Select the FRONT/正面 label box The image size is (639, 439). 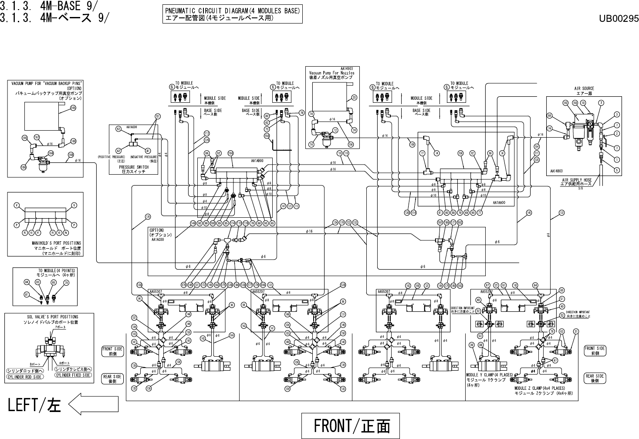(351, 425)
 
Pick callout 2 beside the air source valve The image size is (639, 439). (617, 133)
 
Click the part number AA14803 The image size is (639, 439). (557, 171)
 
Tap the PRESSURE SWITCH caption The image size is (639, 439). (134, 169)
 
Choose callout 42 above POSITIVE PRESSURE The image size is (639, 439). (118, 151)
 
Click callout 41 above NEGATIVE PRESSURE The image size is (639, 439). (148, 151)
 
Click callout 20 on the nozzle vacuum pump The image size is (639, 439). (354, 97)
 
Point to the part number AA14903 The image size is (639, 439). (347, 68)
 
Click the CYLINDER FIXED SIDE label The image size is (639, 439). (73, 375)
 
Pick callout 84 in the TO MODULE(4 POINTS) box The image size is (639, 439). (27, 282)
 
